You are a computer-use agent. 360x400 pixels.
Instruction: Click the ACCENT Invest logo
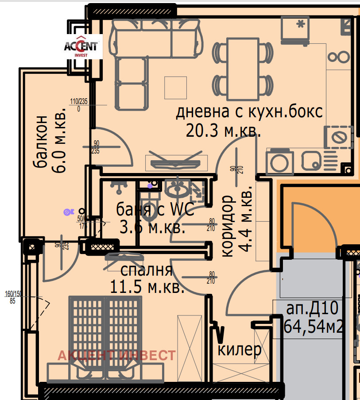[x=83, y=47]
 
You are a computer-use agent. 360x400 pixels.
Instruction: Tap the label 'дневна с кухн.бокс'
[x=249, y=112]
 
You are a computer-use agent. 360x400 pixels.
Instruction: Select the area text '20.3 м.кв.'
[x=223, y=131]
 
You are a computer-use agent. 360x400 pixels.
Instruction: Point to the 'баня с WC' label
[x=155, y=209]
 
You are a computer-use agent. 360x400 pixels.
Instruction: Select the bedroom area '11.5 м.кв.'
[x=147, y=288]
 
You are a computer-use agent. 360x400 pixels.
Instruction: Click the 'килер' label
[x=240, y=350]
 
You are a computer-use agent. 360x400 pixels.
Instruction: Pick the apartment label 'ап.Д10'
[x=312, y=308]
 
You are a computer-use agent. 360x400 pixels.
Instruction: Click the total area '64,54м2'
[x=314, y=327]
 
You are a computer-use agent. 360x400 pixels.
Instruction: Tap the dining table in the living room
[x=243, y=69]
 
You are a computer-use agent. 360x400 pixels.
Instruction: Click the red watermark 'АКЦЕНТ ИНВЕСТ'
[x=117, y=355]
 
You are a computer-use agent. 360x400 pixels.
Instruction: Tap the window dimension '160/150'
[x=13, y=294]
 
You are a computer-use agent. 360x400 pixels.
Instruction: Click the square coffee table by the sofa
[x=175, y=88]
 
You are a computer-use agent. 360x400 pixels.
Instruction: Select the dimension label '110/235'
[x=79, y=101]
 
